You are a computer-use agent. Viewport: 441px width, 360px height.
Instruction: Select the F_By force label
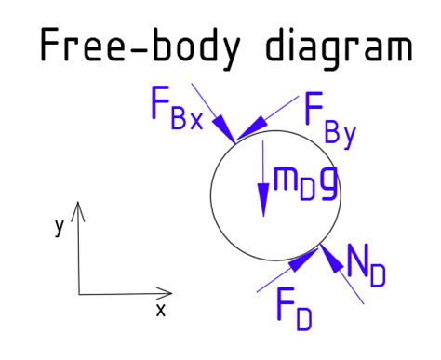point(330,118)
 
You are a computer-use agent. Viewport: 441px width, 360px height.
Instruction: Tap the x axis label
point(160,311)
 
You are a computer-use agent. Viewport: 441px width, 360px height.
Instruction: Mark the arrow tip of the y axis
point(79,202)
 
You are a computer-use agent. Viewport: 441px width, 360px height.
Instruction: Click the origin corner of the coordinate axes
point(79,293)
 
